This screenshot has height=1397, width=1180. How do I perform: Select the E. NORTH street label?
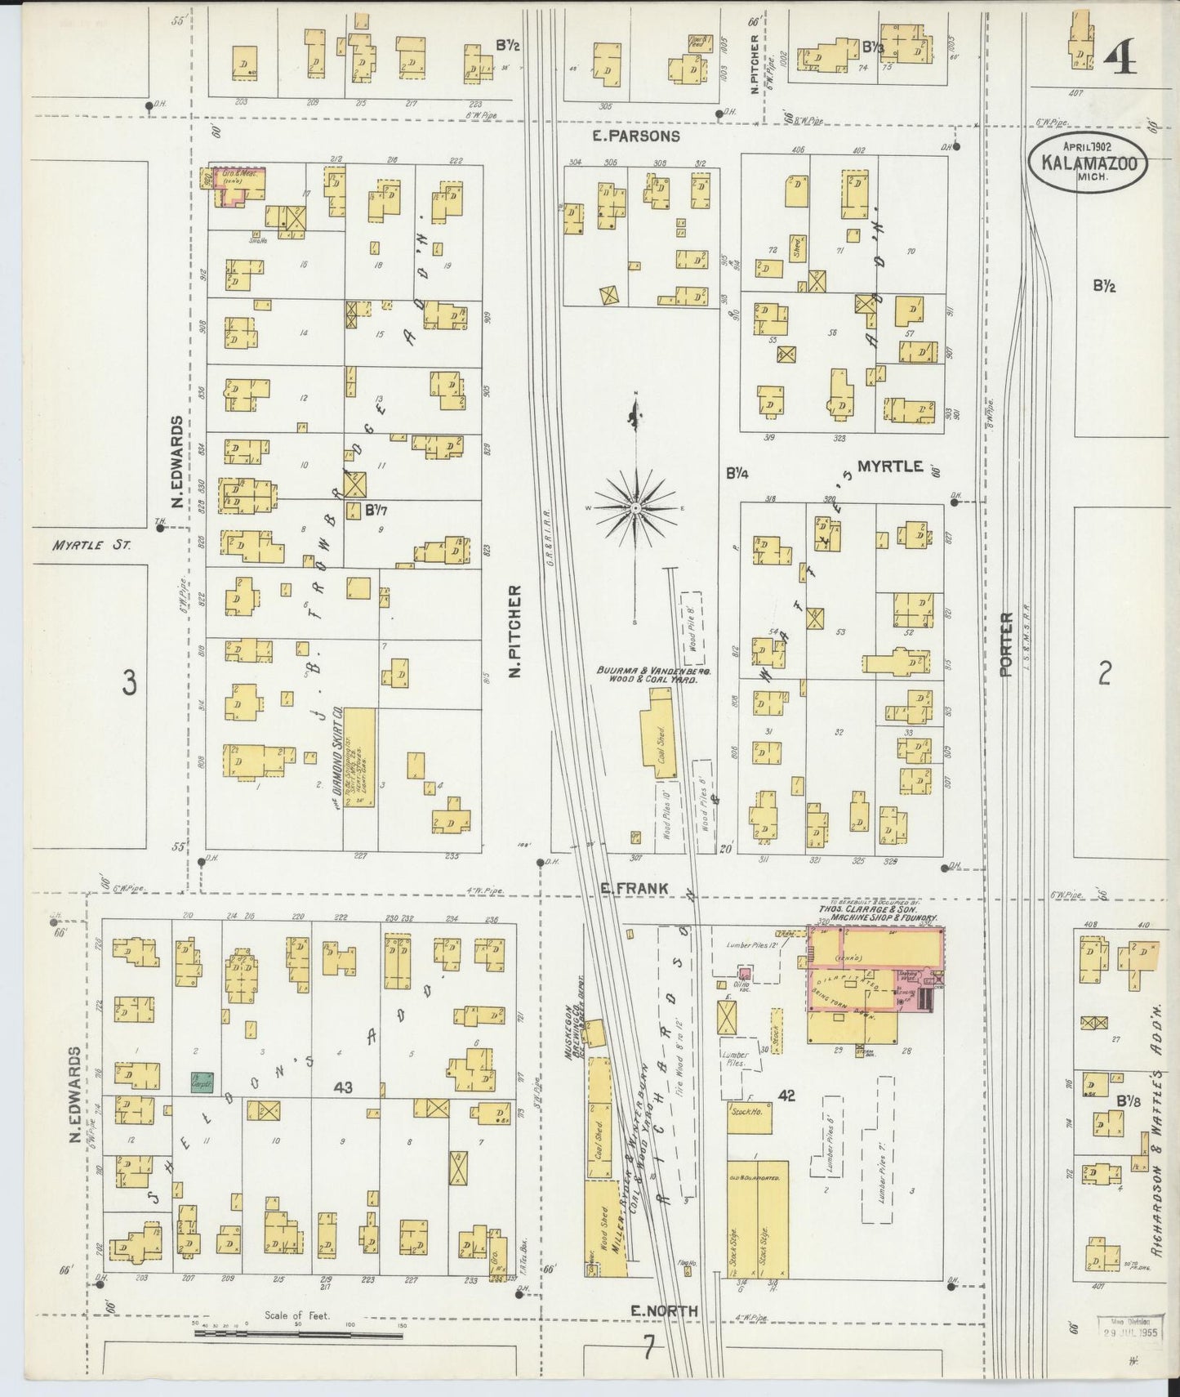[665, 1310]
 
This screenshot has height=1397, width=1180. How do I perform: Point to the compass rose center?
[635, 508]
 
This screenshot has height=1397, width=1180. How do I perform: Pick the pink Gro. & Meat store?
[231, 183]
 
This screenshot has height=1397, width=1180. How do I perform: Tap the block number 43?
[343, 1087]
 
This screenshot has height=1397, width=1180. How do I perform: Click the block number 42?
[786, 1096]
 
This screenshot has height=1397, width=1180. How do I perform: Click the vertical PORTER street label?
[1005, 645]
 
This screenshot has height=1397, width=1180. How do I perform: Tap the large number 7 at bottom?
[648, 1347]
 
